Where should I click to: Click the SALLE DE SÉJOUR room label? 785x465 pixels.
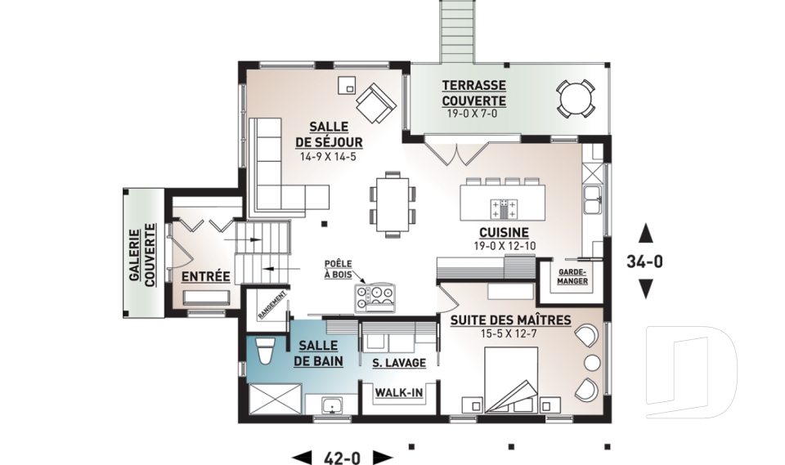click(329, 134)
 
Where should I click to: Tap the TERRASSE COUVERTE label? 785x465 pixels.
click(473, 93)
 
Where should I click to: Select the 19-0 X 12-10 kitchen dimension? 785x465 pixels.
click(505, 246)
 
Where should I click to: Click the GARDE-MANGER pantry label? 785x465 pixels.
click(572, 277)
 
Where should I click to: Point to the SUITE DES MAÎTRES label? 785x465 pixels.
click(510, 320)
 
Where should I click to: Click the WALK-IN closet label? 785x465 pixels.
click(399, 393)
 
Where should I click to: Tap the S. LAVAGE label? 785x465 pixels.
click(399, 363)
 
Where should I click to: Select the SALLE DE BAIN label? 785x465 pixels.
click(318, 353)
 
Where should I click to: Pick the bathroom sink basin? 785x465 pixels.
click(331, 405)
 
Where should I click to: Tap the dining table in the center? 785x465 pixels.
click(392, 205)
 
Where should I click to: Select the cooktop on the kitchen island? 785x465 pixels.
click(505, 208)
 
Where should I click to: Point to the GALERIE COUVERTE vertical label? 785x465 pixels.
click(142, 255)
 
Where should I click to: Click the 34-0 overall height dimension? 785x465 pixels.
click(645, 262)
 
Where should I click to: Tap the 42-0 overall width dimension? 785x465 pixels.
click(342, 458)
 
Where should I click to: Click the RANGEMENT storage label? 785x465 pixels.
click(272, 305)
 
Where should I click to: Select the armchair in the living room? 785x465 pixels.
click(376, 103)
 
